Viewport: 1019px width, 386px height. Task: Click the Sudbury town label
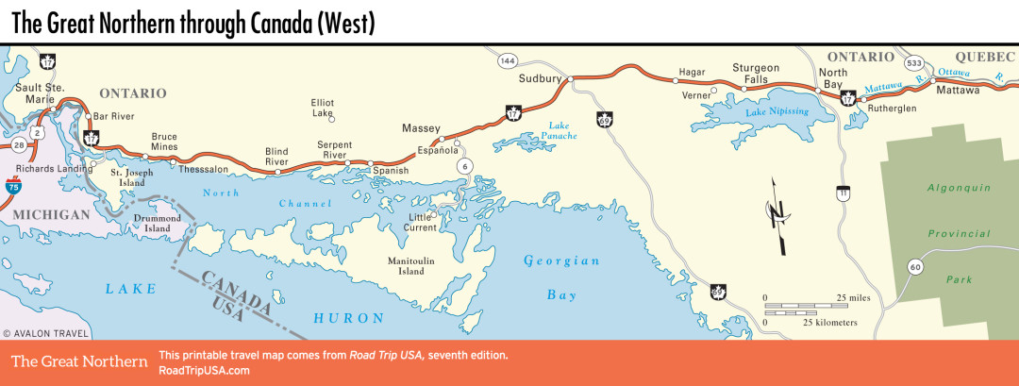(540, 78)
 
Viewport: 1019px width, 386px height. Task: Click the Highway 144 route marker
(508, 60)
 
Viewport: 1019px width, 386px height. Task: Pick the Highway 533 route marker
(914, 62)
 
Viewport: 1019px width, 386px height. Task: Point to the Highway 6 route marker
(463, 166)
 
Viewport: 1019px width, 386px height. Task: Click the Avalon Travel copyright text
(46, 333)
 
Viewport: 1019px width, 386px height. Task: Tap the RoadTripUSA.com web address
(205, 370)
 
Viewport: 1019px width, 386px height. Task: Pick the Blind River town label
(276, 156)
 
